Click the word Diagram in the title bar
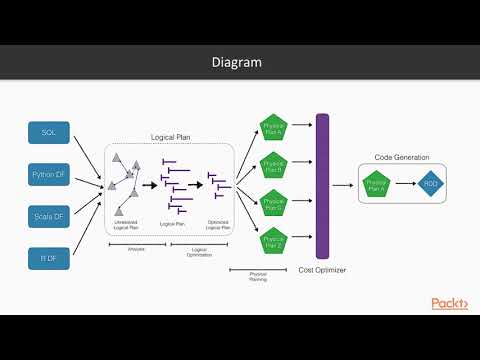[x=237, y=62]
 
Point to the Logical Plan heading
[x=170, y=138]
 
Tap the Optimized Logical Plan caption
[x=219, y=225]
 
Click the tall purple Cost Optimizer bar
[x=323, y=185]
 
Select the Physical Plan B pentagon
[x=273, y=163]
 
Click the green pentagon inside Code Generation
[x=377, y=184]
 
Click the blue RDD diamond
[x=430, y=184]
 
